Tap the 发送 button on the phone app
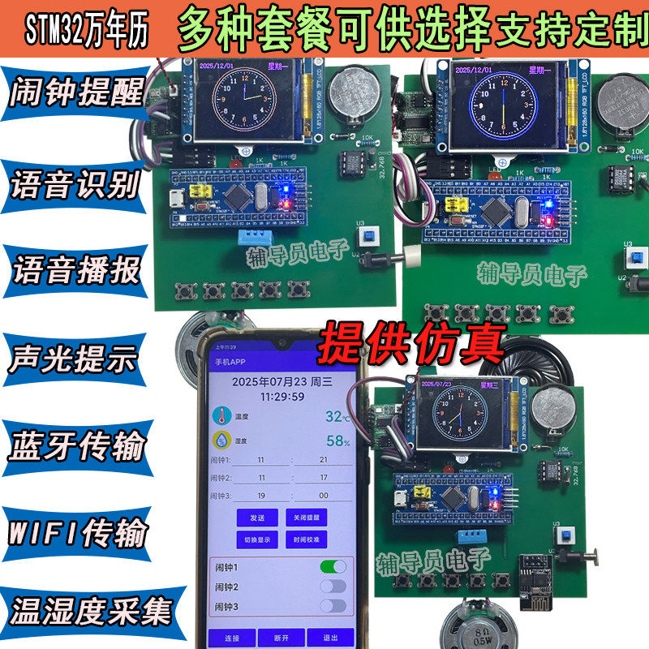tap(257, 517)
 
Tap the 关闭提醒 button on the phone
tap(306, 517)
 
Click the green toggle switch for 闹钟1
tap(333, 565)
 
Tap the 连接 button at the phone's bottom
tap(231, 636)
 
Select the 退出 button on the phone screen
tap(330, 636)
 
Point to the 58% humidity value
tap(337, 441)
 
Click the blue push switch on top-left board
tap(372, 236)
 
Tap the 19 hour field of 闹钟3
tap(261, 495)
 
